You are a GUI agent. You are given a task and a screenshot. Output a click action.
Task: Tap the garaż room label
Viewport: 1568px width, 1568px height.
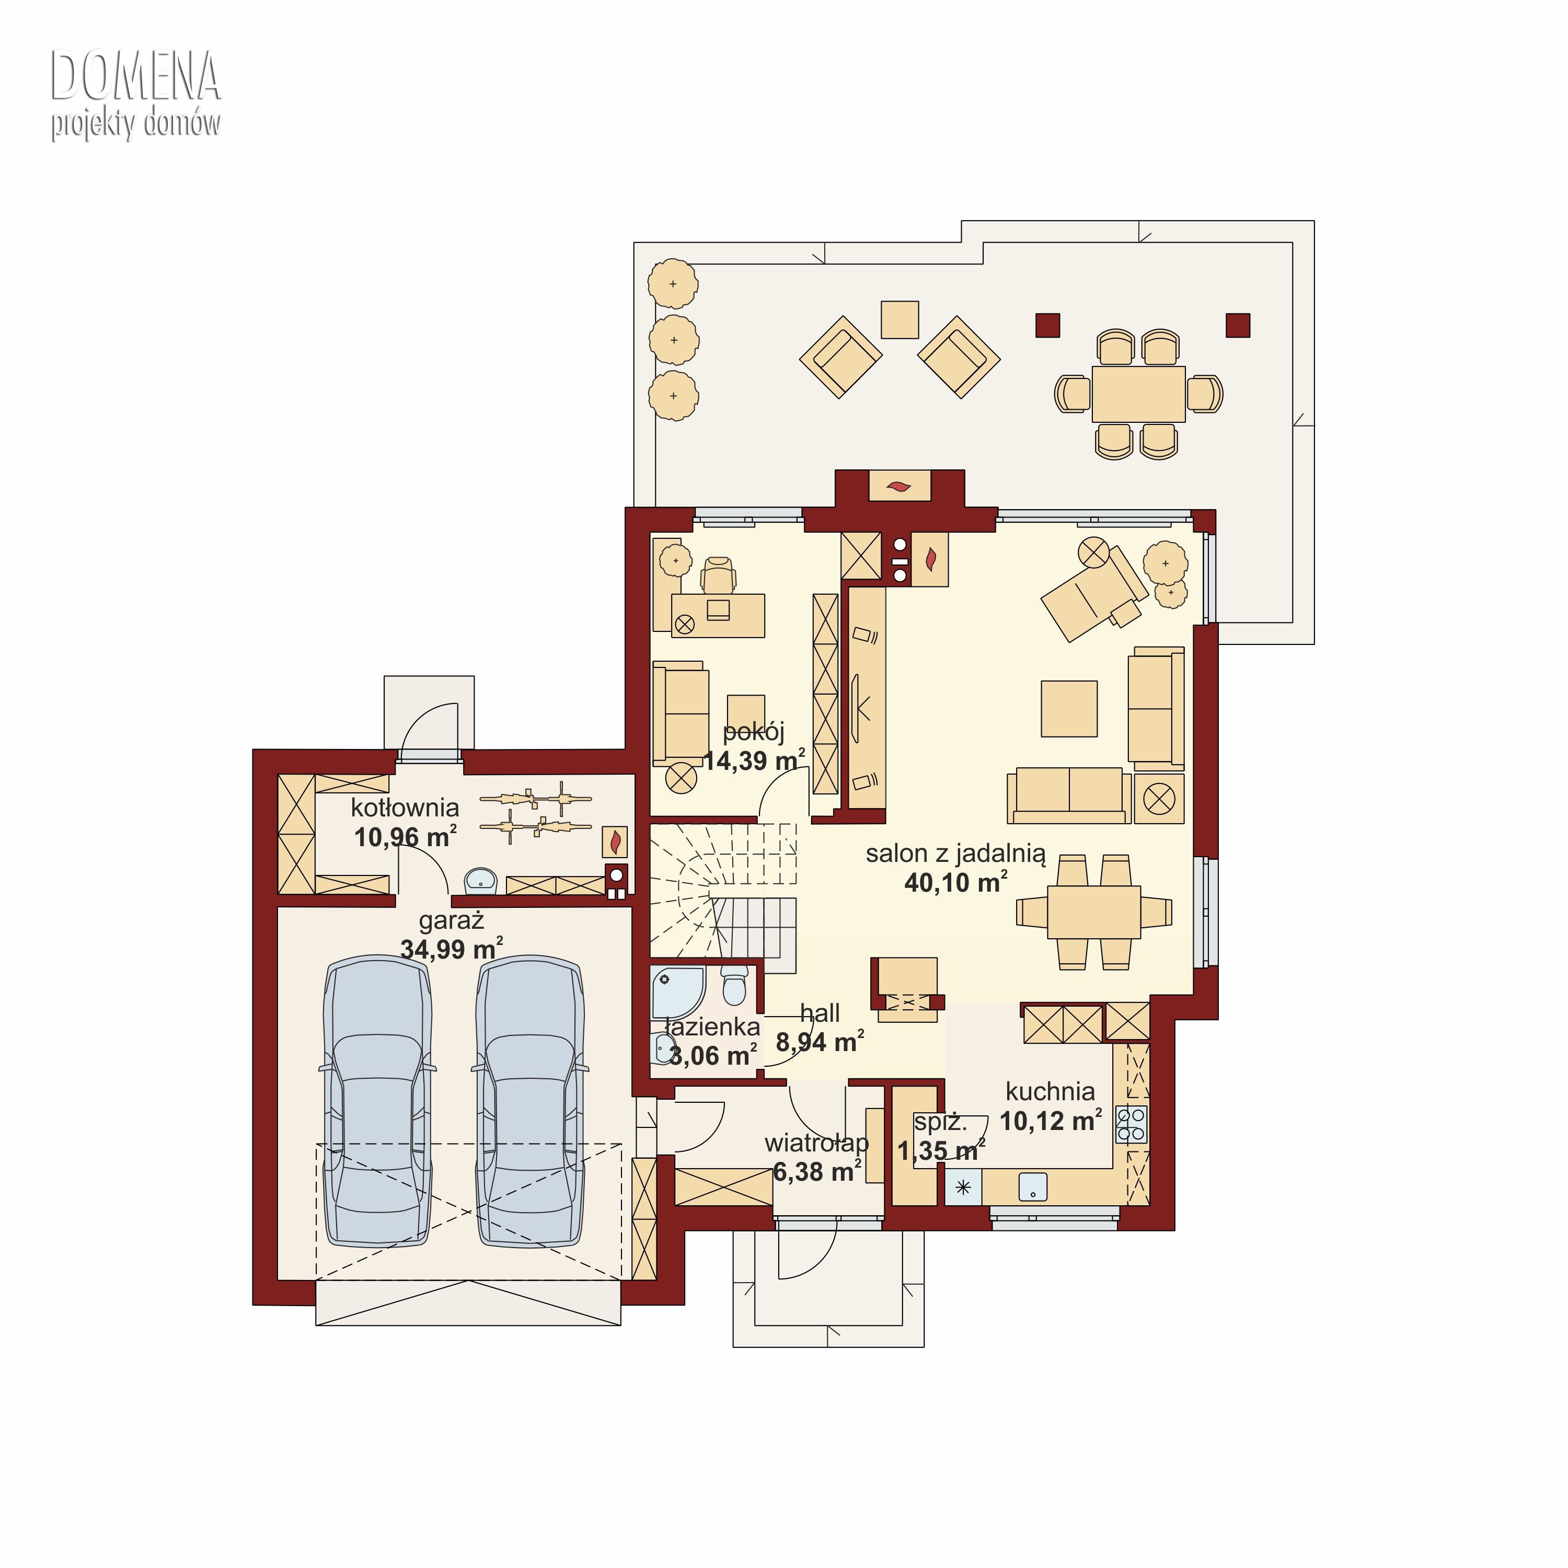[x=451, y=921]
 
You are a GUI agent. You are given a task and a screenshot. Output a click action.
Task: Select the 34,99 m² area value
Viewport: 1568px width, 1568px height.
[x=451, y=949]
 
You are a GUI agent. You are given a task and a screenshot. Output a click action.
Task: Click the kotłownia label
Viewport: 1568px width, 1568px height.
[x=405, y=808]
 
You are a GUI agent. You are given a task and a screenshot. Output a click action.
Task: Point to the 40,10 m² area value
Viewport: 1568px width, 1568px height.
[x=956, y=882]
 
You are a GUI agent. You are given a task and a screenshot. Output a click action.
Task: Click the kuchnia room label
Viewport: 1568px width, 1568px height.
[x=1050, y=1092]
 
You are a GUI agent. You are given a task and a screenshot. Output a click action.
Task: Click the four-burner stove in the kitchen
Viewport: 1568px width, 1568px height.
[x=1132, y=1125]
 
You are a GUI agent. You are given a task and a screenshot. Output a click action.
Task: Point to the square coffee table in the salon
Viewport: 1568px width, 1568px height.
[x=1069, y=709]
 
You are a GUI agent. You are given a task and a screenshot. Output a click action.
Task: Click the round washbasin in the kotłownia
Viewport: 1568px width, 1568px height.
[x=481, y=880]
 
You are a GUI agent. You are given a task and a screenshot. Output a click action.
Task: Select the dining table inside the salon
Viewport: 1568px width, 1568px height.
[x=1094, y=912]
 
